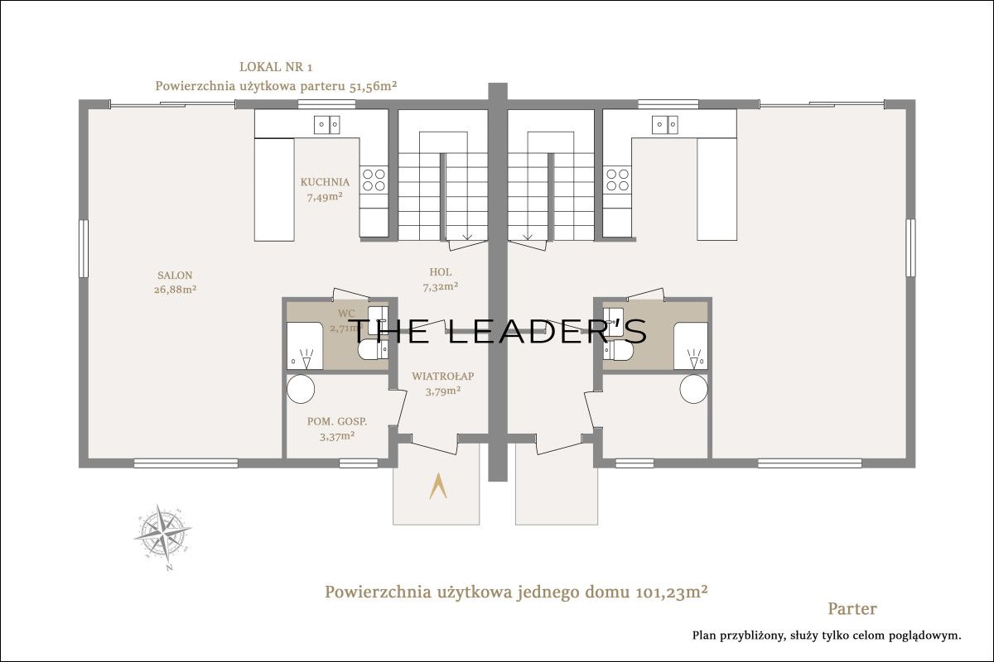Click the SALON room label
pos(175,276)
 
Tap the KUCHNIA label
pos(325,182)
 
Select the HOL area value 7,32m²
pos(440,287)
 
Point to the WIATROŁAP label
pos(443,376)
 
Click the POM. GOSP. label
pos(337,421)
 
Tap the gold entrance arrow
pos(438,486)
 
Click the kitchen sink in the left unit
pos(327,125)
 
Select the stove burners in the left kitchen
pos(374,180)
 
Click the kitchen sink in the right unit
pos(664,125)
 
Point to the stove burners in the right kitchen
pos(618,180)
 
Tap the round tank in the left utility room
pos(301,389)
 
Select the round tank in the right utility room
pos(693,389)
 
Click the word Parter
pos(852,609)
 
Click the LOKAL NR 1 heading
pos(276,67)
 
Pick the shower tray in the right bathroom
pos(691,346)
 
